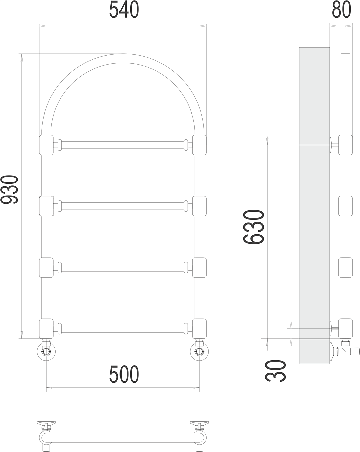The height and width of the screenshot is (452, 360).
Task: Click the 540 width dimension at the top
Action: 124,11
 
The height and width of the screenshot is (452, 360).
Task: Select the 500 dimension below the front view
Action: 123,374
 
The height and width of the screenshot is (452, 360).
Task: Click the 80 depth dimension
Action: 341,11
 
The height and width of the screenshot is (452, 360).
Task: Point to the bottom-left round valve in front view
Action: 46,351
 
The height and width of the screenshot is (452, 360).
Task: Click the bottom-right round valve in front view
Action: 199,351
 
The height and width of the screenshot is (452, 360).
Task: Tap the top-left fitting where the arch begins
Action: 46,145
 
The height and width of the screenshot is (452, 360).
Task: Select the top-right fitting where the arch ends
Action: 199,145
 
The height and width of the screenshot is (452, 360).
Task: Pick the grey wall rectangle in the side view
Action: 314,201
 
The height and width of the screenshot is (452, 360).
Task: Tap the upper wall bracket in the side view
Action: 334,145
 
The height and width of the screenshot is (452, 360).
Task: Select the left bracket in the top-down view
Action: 45,427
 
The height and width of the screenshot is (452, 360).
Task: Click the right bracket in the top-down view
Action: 200,427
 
